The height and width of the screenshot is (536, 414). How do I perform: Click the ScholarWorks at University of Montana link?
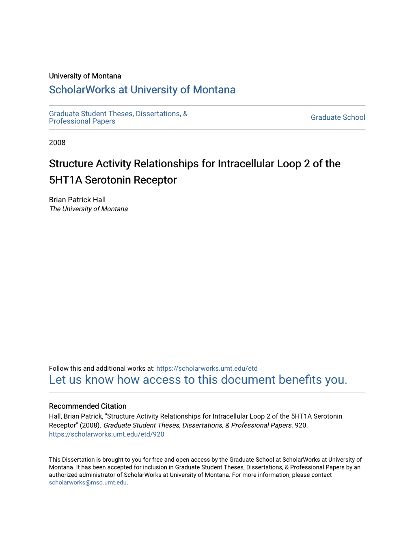coord(142,90)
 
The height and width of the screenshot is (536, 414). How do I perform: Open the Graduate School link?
coord(338,117)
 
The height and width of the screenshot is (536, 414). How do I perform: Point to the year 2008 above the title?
coord(57,143)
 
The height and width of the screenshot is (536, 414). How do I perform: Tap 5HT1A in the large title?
coord(65,180)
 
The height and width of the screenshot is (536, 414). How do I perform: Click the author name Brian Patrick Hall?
coord(77,200)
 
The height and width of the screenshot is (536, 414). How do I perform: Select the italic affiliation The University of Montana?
coord(88,209)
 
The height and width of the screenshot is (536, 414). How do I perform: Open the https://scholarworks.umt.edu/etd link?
coord(207,368)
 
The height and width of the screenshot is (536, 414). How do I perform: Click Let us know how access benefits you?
coord(198,380)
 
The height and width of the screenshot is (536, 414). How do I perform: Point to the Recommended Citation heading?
coord(88,406)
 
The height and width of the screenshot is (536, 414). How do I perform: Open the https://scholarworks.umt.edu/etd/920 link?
coord(106,434)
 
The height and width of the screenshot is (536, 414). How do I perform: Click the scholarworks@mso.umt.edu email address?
coord(88,482)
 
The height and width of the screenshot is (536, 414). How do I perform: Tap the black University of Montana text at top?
coord(85,76)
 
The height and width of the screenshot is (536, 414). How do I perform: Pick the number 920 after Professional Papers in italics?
coord(300,425)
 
